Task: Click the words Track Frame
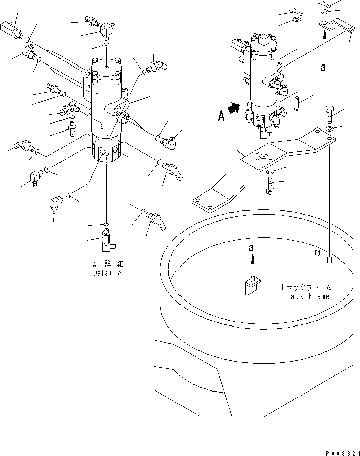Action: (x=306, y=296)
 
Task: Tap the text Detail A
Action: (x=108, y=273)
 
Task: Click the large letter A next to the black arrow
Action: (x=221, y=116)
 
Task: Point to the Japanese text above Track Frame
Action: (x=306, y=287)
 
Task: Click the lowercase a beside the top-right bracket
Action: (x=323, y=67)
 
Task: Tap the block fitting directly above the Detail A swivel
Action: (x=106, y=30)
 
